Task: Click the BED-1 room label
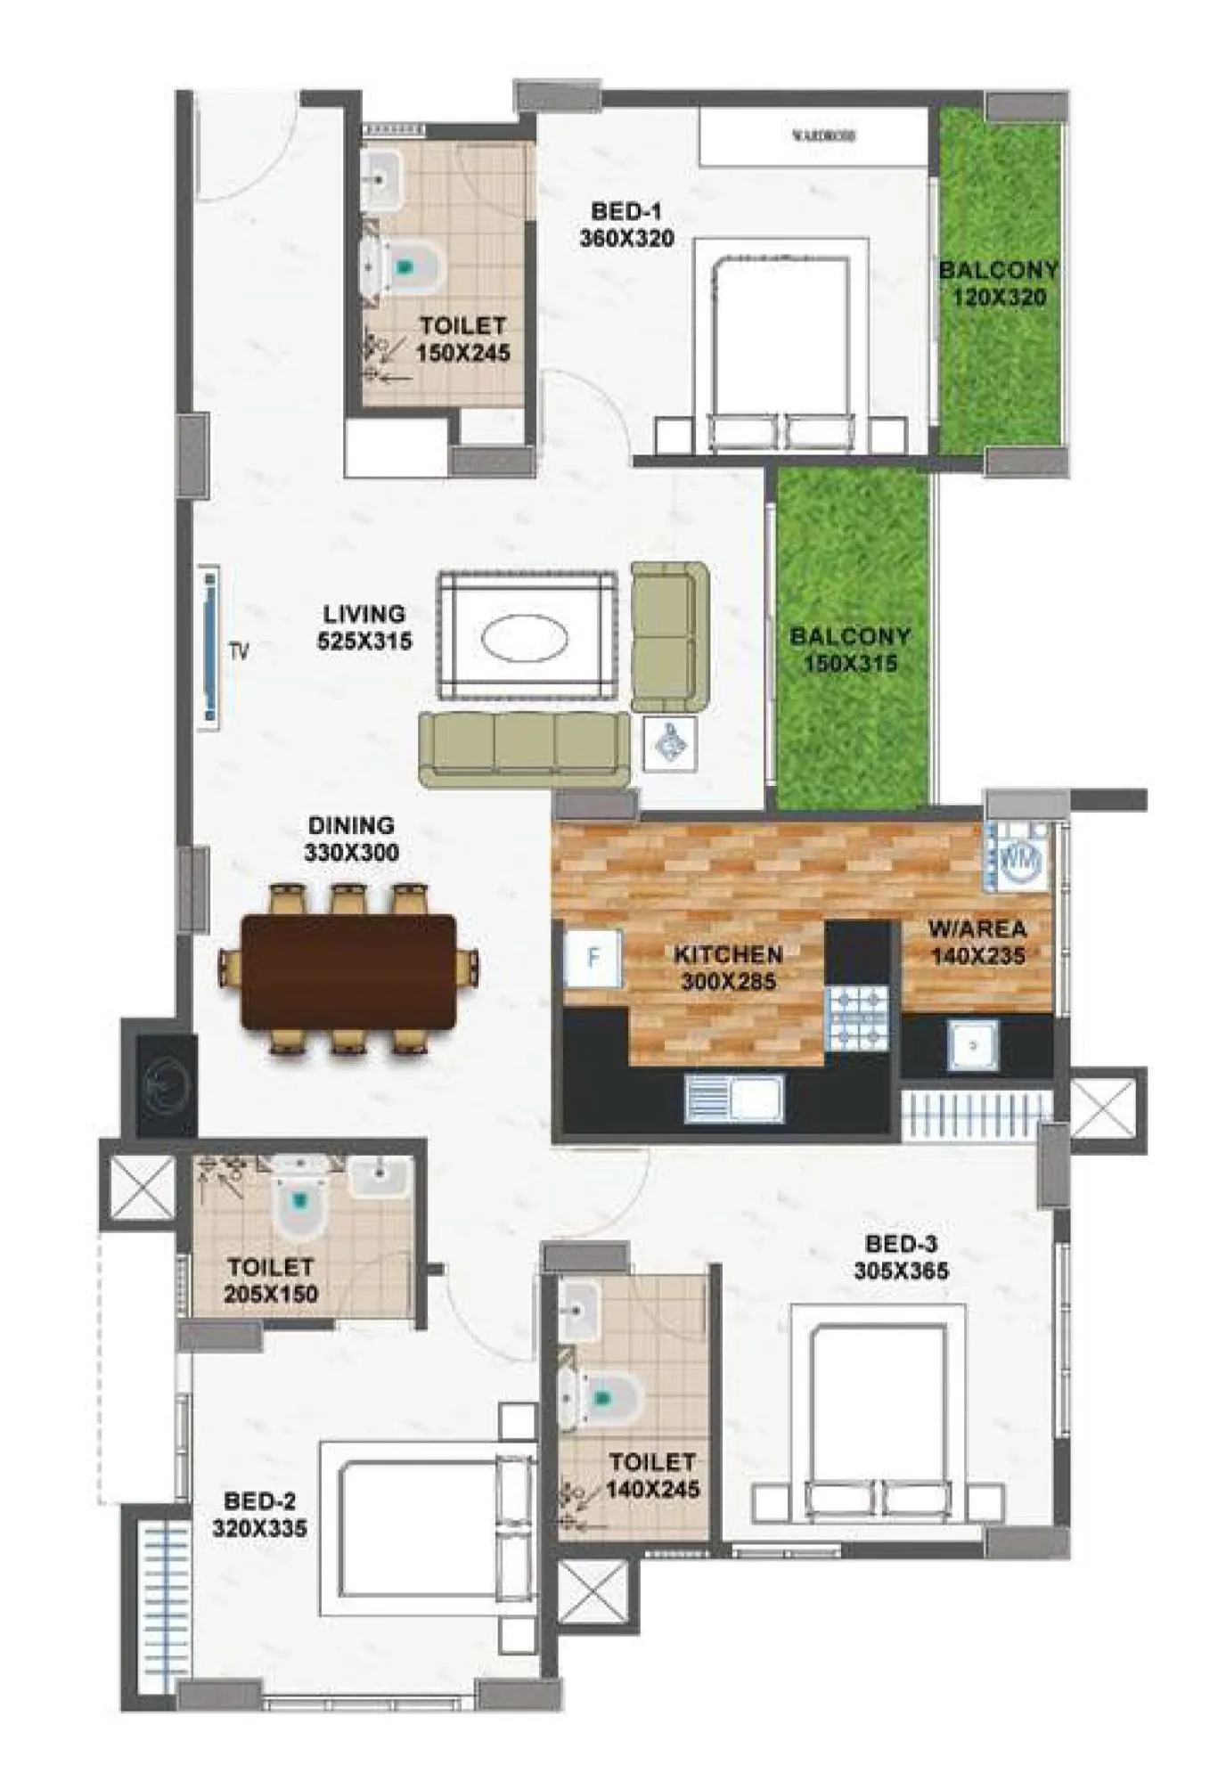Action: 626,212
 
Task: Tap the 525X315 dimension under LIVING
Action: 364,641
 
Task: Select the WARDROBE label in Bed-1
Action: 823,136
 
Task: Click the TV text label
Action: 239,652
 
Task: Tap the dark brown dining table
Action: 349,971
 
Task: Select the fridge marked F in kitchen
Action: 593,958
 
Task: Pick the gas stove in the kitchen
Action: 857,1017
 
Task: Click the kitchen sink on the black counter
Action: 734,1098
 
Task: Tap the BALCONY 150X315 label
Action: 850,650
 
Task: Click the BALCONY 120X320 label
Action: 998,283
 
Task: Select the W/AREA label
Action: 977,929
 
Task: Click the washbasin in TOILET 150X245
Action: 383,177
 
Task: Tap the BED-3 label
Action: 901,1244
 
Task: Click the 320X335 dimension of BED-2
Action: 259,1528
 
